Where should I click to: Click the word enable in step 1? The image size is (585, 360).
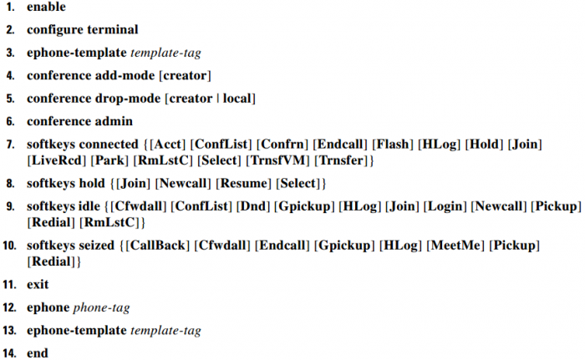coord(46,7)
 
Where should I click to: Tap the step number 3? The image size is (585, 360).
coord(10,53)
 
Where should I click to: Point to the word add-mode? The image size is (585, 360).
coord(125,75)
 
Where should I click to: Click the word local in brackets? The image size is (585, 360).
coord(237,98)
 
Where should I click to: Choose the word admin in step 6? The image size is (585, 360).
coord(114,121)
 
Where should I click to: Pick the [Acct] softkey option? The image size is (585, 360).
coord(167,145)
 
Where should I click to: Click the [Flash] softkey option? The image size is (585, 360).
coord(393,145)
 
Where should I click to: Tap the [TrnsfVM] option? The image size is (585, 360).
coord(278,160)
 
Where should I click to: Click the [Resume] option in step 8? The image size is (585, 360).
coord(244,184)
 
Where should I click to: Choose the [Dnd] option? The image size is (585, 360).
coord(253,206)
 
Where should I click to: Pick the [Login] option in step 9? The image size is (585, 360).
coord(445,206)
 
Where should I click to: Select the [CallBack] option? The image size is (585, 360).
coord(157,246)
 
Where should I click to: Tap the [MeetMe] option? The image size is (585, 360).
coord(455,246)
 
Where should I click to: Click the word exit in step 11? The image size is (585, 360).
coord(38,285)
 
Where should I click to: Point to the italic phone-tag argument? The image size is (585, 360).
coord(101,307)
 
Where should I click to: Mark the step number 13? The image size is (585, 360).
coord(9,331)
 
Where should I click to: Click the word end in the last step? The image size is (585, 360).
coord(38,353)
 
